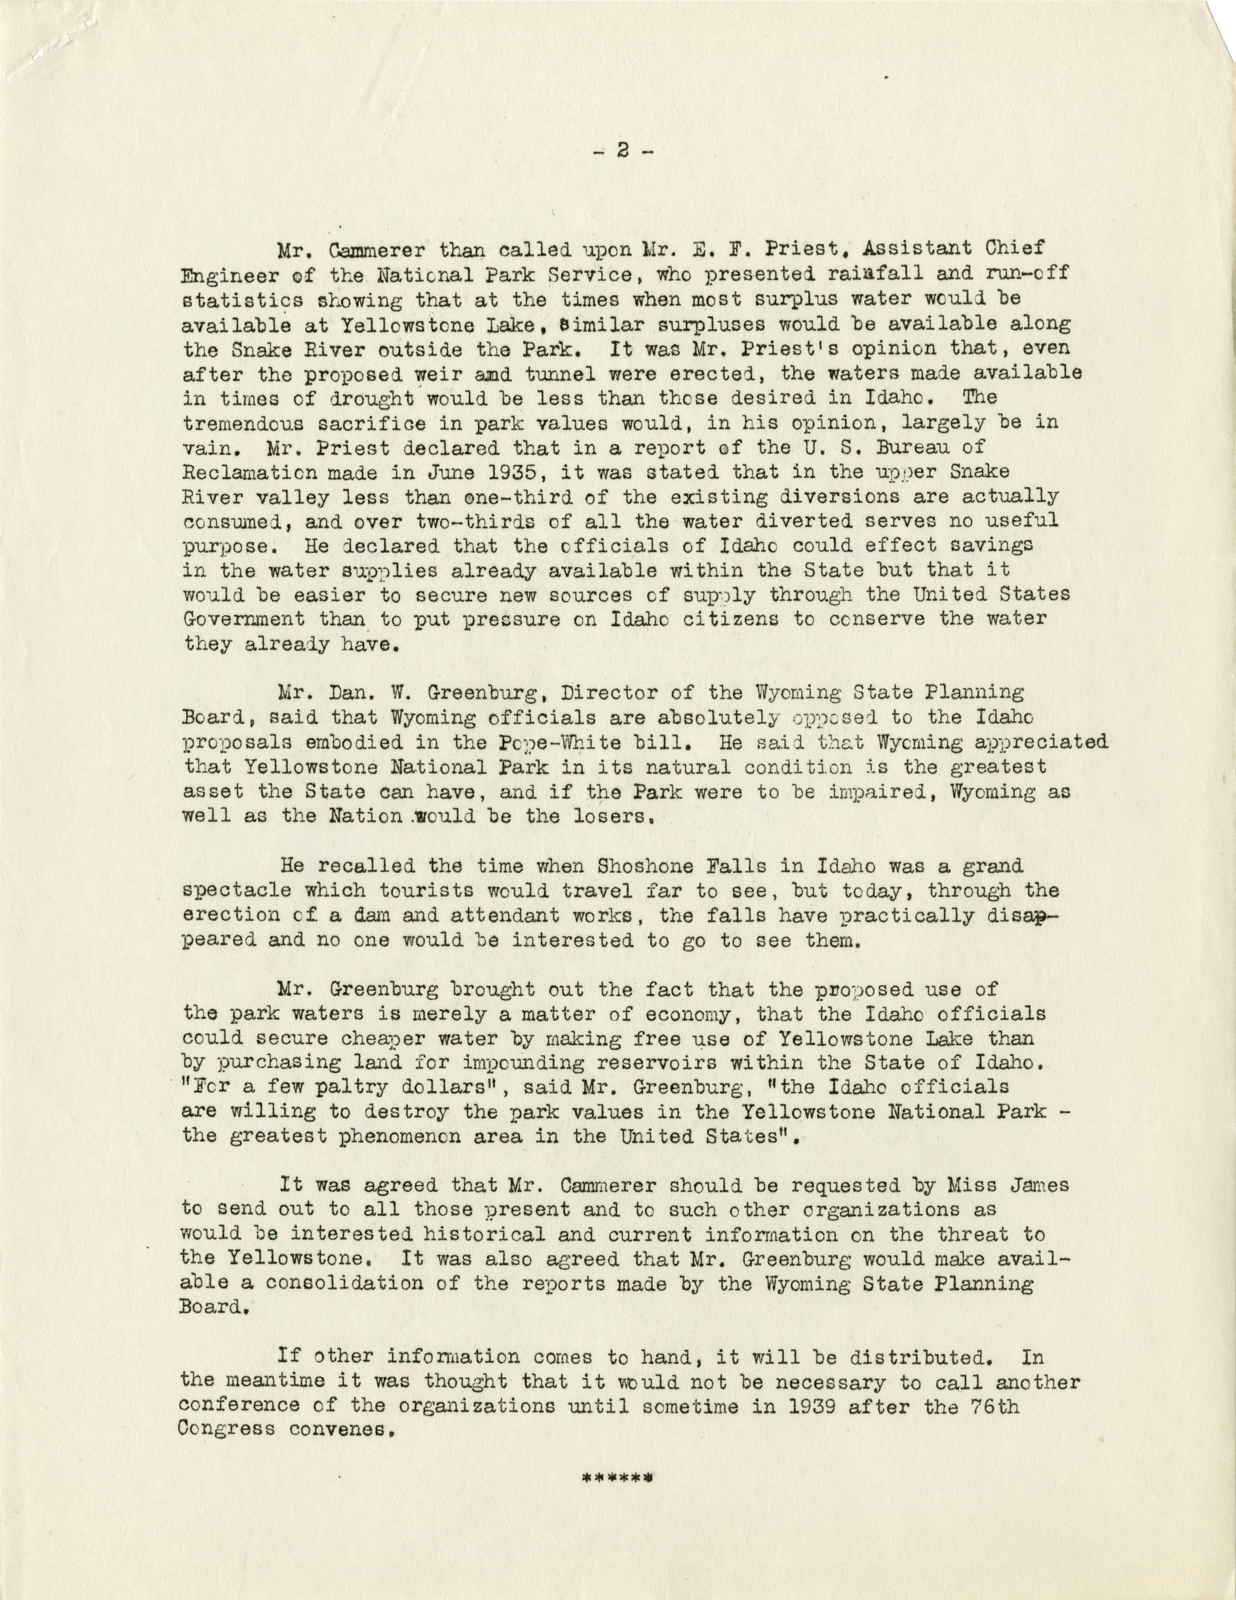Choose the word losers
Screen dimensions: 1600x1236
click(x=611, y=817)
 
